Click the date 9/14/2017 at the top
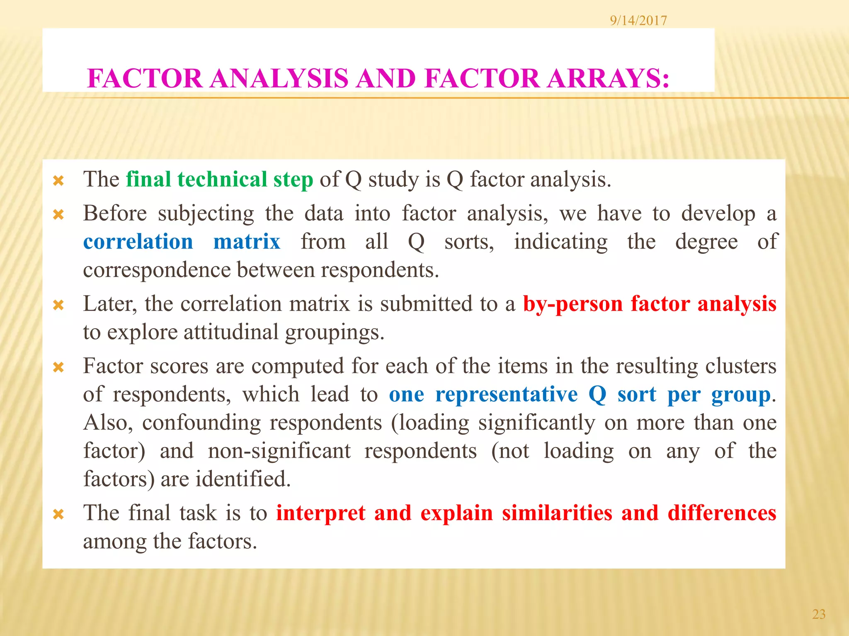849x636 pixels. tap(638, 20)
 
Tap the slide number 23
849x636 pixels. tap(818, 614)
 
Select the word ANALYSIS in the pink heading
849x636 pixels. tap(279, 78)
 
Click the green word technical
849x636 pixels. tap(222, 179)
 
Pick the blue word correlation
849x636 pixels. tap(138, 241)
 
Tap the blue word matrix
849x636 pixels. tap(247, 241)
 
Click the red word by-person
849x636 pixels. tap(573, 304)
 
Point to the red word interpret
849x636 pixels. tap(321, 513)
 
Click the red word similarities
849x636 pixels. tap(557, 513)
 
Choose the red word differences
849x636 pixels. tap(722, 513)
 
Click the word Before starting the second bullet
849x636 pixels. tap(115, 214)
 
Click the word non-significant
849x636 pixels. tap(279, 451)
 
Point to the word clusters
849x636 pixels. tap(740, 366)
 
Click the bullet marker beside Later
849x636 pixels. tap(58, 306)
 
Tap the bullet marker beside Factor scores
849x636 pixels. tap(58, 368)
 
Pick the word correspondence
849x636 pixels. tap(157, 270)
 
